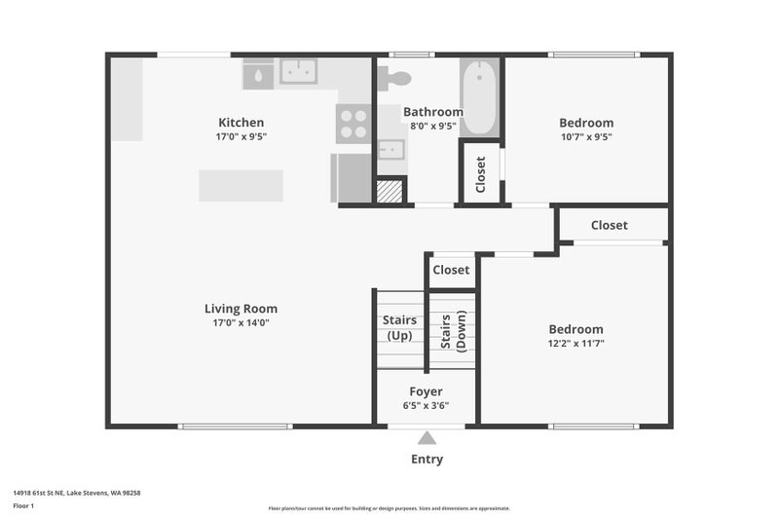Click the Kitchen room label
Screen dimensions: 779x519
(241, 122)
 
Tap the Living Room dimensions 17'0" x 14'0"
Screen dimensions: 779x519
(241, 323)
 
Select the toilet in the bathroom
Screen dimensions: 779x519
(394, 79)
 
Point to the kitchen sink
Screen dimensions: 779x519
(298, 71)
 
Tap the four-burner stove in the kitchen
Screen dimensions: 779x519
(353, 124)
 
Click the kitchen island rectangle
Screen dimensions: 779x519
(241, 186)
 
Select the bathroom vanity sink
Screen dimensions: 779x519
(391, 149)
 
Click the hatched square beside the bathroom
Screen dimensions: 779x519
(389, 191)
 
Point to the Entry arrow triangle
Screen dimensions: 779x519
(427, 437)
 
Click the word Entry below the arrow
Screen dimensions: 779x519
(427, 460)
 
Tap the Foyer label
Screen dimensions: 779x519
(426, 391)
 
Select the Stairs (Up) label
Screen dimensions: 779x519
(400, 328)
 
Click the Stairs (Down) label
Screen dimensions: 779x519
(454, 331)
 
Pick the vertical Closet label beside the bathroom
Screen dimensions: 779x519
(480, 174)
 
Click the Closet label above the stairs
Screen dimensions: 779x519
(451, 270)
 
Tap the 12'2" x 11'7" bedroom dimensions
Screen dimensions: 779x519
(576, 343)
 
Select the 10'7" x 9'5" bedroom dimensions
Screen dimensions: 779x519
(586, 136)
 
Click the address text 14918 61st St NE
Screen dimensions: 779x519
(39, 493)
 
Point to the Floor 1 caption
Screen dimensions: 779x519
(23, 506)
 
